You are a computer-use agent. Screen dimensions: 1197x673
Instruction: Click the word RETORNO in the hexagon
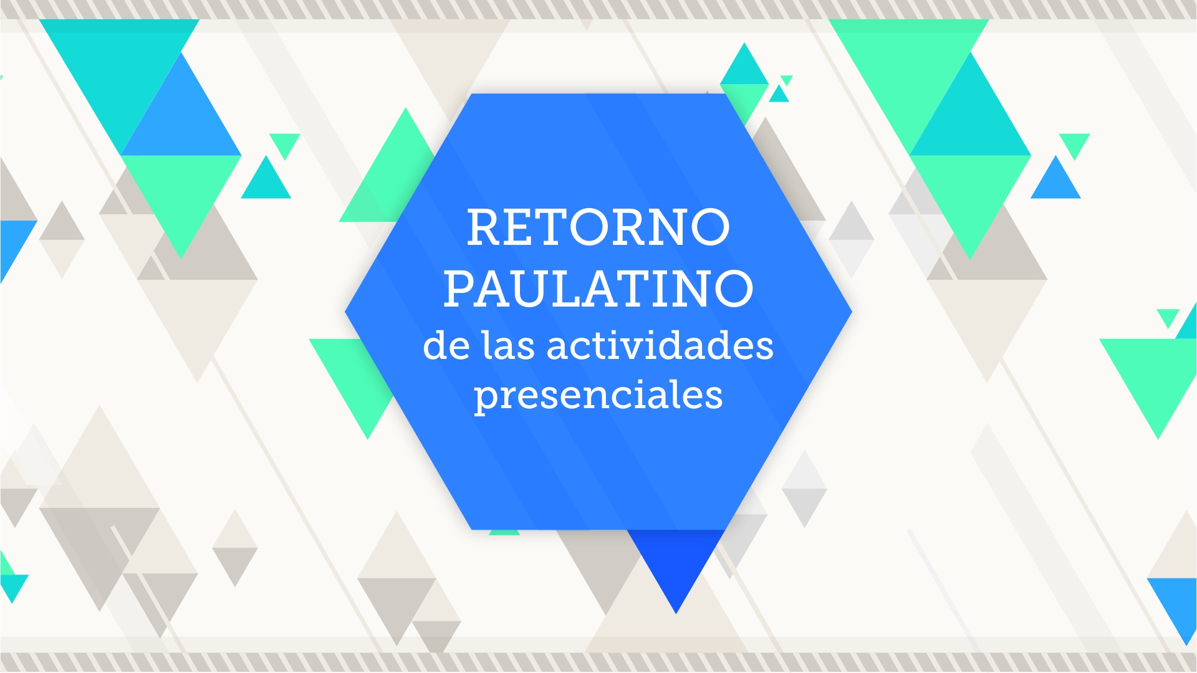598,227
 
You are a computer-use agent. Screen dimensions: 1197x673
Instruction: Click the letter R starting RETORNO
485,227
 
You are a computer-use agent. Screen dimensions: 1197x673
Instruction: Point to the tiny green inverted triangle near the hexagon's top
786,80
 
